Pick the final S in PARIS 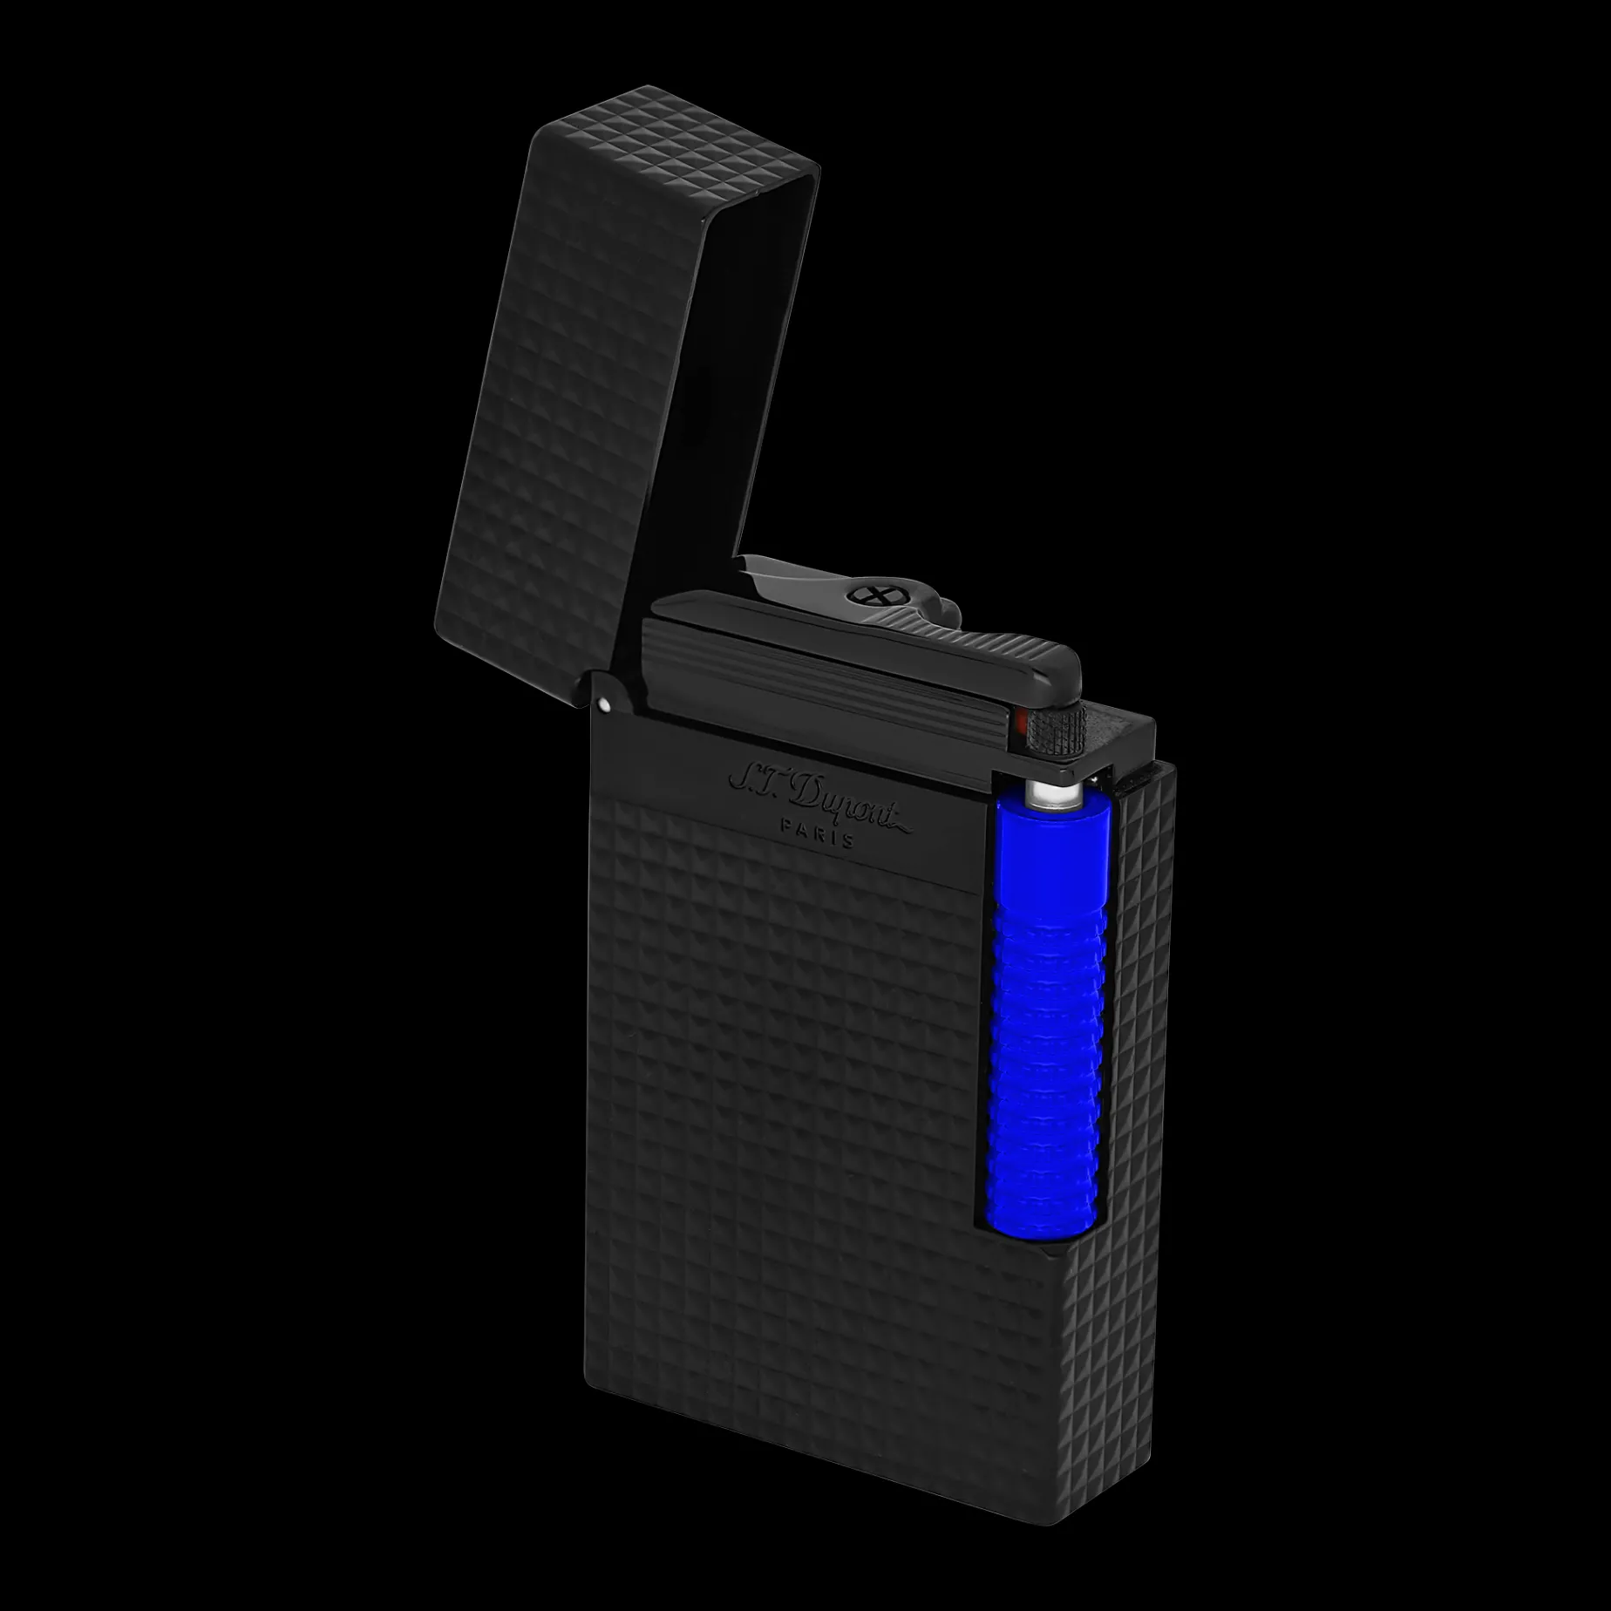[x=850, y=840]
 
